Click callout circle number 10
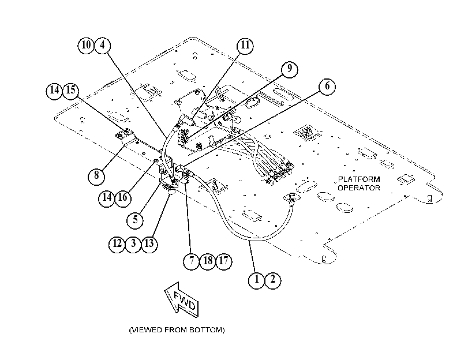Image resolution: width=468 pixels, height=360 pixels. pyautogui.click(x=86, y=46)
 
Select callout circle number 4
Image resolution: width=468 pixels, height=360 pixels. pyautogui.click(x=102, y=46)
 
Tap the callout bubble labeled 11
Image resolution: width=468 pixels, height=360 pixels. pyautogui.click(x=245, y=46)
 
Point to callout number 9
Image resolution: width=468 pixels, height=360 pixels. pyautogui.click(x=290, y=69)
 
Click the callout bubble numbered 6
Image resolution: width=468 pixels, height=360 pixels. pyautogui.click(x=327, y=87)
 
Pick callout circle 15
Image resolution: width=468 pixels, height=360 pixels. pyautogui.click(x=71, y=91)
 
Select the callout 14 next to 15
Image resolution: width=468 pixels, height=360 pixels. pyautogui.click(x=54, y=91)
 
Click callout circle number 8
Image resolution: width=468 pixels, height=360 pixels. pyautogui.click(x=96, y=175)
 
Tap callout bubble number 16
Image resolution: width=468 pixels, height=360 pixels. pyautogui.click(x=123, y=198)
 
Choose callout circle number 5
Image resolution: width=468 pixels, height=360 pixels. pyautogui.click(x=135, y=220)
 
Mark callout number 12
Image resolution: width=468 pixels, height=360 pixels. pyautogui.click(x=117, y=244)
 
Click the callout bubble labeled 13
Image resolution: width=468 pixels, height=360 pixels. pyautogui.click(x=149, y=244)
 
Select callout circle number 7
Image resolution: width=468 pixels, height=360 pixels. pyautogui.click(x=192, y=261)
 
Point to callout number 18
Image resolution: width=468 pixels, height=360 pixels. pyautogui.click(x=208, y=261)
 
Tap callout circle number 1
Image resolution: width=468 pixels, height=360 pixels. pyautogui.click(x=256, y=280)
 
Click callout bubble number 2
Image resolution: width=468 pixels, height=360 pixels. pyautogui.click(x=273, y=280)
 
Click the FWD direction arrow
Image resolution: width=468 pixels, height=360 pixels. pyautogui.click(x=181, y=299)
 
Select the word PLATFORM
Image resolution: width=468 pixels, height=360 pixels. pyautogui.click(x=359, y=179)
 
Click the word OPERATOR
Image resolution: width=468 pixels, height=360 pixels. pyautogui.click(x=359, y=187)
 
